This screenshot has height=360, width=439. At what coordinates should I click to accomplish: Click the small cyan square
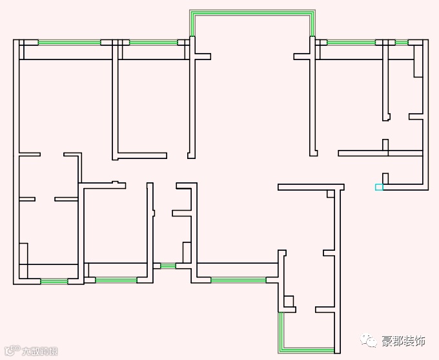(379, 187)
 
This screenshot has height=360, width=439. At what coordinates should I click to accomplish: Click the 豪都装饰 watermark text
(403, 341)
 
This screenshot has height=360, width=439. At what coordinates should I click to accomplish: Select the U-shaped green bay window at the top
(252, 14)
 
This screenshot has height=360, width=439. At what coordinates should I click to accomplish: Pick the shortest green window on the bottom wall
(168, 266)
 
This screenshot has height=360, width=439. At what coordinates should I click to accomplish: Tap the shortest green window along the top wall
(402, 43)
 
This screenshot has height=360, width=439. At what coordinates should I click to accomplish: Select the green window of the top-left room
(69, 43)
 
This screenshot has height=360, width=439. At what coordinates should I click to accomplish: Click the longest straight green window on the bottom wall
(238, 281)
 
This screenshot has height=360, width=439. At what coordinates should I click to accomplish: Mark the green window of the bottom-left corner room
(54, 281)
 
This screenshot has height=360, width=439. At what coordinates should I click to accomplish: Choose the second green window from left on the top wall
(153, 43)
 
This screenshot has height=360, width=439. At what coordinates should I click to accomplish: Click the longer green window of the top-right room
(351, 43)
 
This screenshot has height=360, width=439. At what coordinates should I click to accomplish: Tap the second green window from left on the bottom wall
(116, 281)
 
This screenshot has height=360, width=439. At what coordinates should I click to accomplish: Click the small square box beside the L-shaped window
(289, 301)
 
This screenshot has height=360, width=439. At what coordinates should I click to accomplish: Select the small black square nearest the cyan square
(385, 178)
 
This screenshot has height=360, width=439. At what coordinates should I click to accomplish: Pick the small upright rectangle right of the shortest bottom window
(187, 252)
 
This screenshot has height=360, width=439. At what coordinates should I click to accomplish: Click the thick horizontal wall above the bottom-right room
(311, 187)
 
